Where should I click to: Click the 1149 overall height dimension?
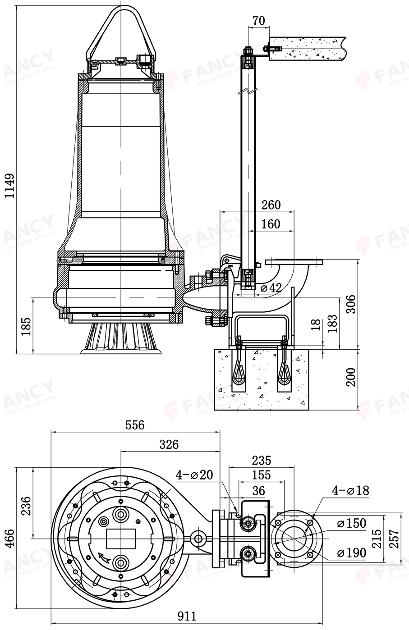(9, 186)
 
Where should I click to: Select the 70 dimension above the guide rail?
(258, 21)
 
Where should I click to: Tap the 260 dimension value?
(271, 205)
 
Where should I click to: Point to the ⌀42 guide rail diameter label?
(271, 288)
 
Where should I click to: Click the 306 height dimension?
(351, 304)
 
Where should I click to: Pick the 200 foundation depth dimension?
(351, 377)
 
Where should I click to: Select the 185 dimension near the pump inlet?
(26, 327)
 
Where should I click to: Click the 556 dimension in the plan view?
(135, 425)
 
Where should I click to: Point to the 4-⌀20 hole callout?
(194, 475)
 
